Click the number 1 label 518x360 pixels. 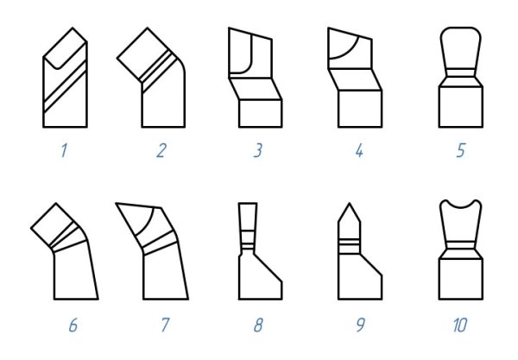point(64,150)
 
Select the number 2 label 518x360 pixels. point(161,151)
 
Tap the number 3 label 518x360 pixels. point(258,150)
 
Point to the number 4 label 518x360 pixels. point(359,151)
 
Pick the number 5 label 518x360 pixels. point(461,150)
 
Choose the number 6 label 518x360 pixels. point(73,325)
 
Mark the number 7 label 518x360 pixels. point(165,325)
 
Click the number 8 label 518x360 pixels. point(258,325)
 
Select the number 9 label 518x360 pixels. point(360,325)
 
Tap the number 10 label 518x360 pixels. point(460,325)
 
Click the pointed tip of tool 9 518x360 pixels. point(349,204)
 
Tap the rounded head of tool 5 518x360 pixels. point(461,48)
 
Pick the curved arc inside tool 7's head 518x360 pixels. point(146,222)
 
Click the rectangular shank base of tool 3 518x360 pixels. point(261,113)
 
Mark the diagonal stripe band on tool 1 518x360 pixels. point(65,85)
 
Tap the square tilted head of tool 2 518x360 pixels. point(143,54)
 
